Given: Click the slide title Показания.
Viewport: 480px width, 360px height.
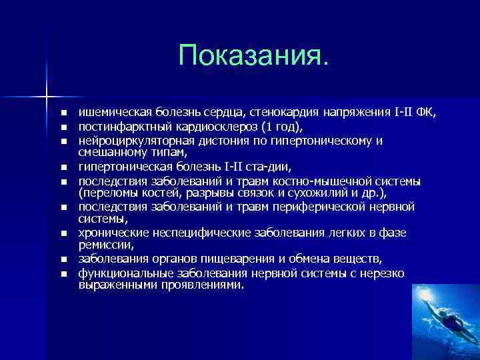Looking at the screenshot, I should [x=253, y=56].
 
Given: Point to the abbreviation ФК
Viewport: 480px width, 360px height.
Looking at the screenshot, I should [x=425, y=112].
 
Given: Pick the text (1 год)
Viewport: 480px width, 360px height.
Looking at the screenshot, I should [x=283, y=126].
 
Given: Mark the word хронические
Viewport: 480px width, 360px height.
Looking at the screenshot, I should [x=108, y=233].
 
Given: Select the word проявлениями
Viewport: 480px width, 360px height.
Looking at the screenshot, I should [x=207, y=285].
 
